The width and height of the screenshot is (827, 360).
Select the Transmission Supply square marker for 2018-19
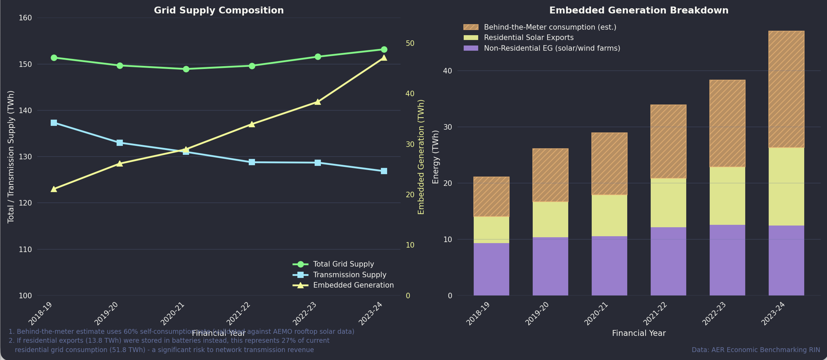54,123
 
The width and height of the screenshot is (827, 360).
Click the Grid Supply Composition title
219,10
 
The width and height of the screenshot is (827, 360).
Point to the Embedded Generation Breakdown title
639,10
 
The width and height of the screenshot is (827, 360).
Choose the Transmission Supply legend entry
349,275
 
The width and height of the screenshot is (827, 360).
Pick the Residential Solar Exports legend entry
528,38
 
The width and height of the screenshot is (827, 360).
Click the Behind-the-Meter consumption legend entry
550,27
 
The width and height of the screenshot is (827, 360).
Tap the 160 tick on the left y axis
25,18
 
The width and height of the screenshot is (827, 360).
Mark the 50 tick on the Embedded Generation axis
410,43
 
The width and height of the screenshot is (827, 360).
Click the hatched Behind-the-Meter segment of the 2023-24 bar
786,89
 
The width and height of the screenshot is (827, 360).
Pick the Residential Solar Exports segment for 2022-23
727,196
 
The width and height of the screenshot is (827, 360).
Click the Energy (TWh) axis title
435,157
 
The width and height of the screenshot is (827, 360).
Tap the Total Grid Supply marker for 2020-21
186,69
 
